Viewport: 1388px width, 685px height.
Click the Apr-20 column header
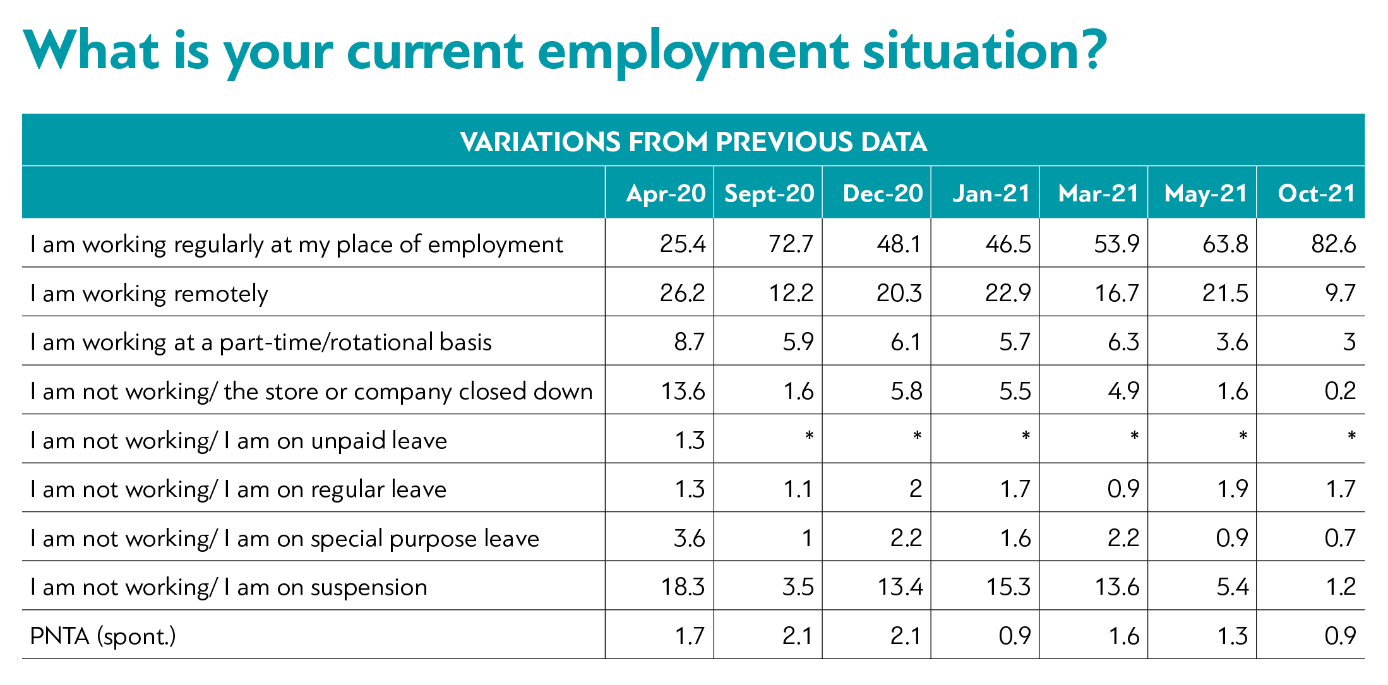pos(666,193)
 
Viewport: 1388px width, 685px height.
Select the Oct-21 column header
pos(1317,193)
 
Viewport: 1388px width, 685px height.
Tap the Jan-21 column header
pos(991,193)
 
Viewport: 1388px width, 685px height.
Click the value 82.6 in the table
pos(1334,244)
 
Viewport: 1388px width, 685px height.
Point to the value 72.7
pos(791,244)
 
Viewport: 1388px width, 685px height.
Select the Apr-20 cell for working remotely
pos(683,293)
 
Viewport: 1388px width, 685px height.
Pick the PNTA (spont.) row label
pos(103,636)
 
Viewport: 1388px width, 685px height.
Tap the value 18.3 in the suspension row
pos(683,587)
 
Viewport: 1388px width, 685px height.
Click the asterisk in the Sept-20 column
pos(809,436)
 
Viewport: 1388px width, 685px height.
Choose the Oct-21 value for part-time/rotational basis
pos(1349,342)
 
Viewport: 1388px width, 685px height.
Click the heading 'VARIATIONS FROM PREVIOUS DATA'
pos(693,141)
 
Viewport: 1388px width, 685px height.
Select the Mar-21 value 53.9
pos(1117,244)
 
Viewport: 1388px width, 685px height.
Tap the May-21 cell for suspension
pos(1233,587)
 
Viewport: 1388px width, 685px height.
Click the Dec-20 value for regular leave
pos(916,489)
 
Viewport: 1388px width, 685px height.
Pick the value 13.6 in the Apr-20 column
pos(683,391)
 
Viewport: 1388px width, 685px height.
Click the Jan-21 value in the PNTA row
pos(1015,636)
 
